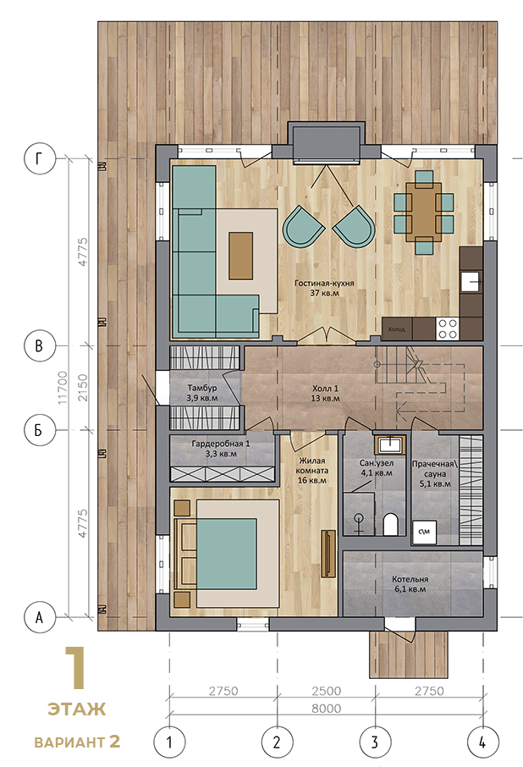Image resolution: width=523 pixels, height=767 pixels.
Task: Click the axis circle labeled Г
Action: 40,158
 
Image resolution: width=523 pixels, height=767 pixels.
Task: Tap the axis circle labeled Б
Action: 40,430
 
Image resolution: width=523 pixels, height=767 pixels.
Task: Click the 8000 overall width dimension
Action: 326,709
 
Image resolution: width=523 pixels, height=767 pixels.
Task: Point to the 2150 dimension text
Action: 83,388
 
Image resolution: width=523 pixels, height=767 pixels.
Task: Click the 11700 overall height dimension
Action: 63,388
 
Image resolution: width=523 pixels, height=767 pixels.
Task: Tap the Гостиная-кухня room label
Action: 324,288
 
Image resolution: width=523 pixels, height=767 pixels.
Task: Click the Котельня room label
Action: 410,584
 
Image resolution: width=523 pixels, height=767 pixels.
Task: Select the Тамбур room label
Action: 202,393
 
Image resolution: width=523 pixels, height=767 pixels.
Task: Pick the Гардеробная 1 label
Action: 220,449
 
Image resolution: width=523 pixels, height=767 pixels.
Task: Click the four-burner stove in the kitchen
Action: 447,328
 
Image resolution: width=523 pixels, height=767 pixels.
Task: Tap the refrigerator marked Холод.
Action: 396,328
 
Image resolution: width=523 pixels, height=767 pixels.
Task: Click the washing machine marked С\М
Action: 424,532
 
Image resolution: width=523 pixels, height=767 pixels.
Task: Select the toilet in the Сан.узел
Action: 390,524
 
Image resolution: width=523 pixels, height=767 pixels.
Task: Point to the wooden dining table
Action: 423,212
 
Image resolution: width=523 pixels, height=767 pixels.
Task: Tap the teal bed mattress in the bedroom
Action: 226,554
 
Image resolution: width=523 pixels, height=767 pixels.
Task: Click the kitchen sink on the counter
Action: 471,281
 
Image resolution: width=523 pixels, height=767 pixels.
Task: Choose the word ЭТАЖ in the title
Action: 77,709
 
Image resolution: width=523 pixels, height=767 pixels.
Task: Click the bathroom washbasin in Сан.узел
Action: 389,444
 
